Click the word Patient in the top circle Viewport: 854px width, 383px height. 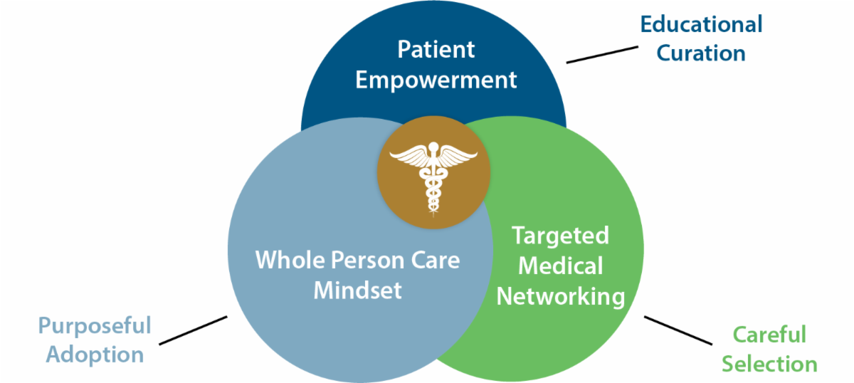436,50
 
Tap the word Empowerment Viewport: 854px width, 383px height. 436,79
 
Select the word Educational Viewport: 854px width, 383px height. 701,23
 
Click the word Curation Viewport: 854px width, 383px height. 701,53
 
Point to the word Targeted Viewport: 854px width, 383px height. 561,236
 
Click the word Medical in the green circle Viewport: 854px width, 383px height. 561,266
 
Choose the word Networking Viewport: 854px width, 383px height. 561,295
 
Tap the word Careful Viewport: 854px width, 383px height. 769,334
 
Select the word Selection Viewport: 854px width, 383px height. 769,364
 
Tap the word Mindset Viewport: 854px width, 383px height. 358,290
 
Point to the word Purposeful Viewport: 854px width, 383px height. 95,325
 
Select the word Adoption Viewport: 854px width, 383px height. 95,354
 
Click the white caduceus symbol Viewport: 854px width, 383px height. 433,174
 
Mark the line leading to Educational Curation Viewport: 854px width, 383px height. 601,55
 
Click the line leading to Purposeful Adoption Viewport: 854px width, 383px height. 193,330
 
